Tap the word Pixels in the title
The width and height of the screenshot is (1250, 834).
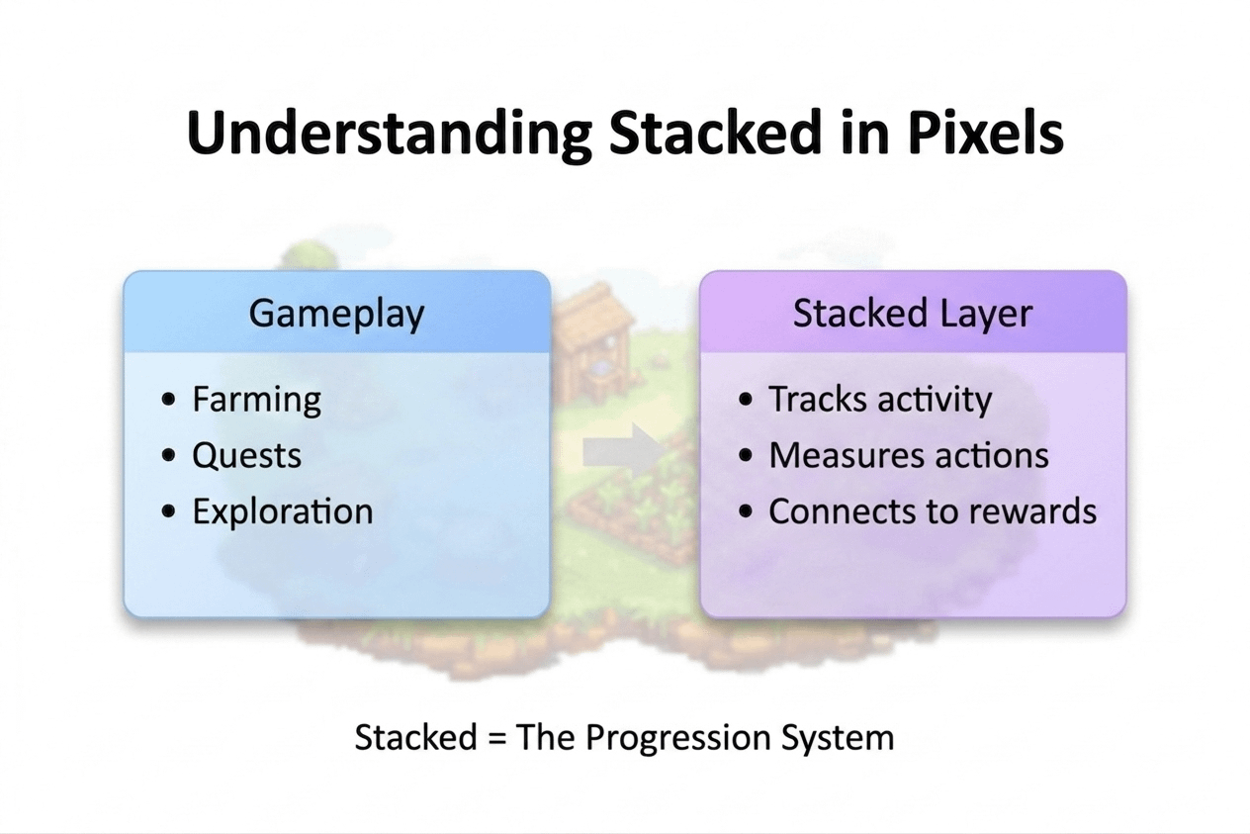coord(985,133)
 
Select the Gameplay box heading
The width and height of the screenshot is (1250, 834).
coord(336,314)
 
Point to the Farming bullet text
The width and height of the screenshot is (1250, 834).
coord(257,401)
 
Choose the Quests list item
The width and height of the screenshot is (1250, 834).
coord(246,455)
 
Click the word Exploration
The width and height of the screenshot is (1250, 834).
coord(283,510)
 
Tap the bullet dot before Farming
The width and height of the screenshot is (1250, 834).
coord(168,399)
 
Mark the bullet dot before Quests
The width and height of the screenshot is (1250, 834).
coord(168,455)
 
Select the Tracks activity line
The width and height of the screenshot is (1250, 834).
coord(880,400)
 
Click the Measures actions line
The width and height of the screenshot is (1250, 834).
coord(909,455)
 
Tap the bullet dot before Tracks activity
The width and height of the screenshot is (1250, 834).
coord(745,399)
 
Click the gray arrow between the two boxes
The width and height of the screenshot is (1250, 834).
coord(625,451)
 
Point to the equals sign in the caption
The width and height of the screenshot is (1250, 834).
coord(496,738)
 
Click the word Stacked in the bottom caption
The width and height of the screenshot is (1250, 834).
coord(415,737)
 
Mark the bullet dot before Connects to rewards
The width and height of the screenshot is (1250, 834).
coord(745,510)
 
